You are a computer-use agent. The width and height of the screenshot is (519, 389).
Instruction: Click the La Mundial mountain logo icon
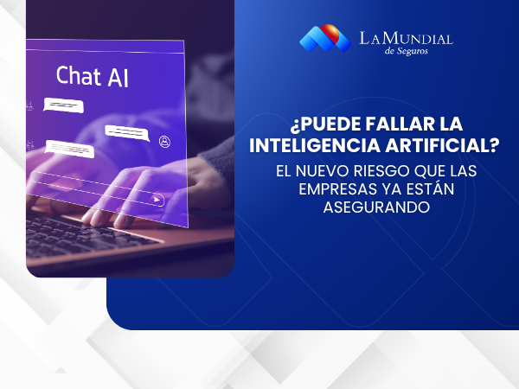pyautogui.click(x=324, y=37)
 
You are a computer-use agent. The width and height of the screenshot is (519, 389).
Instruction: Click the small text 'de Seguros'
pyautogui.click(x=405, y=50)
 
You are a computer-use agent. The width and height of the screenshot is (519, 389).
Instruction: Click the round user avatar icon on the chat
pyautogui.click(x=164, y=140)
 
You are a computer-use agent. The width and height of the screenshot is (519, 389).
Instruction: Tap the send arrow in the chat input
pyautogui.click(x=157, y=200)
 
